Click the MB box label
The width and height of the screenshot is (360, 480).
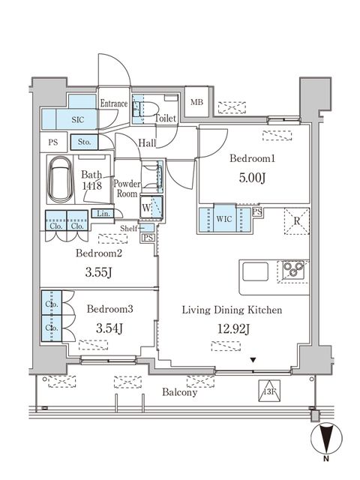click(196, 103)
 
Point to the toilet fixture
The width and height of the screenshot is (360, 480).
click(139, 108)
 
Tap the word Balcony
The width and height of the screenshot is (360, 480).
click(178, 392)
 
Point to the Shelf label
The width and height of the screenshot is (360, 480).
click(128, 228)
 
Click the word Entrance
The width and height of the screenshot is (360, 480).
click(115, 104)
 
